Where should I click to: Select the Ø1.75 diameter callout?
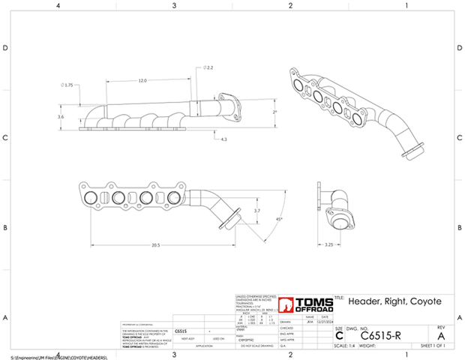(68, 85)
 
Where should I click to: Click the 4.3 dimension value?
(224, 139)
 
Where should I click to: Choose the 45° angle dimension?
(279, 220)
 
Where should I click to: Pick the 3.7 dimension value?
(256, 212)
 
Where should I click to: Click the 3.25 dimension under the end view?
(328, 244)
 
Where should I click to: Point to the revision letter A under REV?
(440, 336)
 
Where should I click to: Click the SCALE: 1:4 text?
(347, 346)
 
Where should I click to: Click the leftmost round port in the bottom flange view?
(91, 199)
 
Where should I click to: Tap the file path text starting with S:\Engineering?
(60, 358)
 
